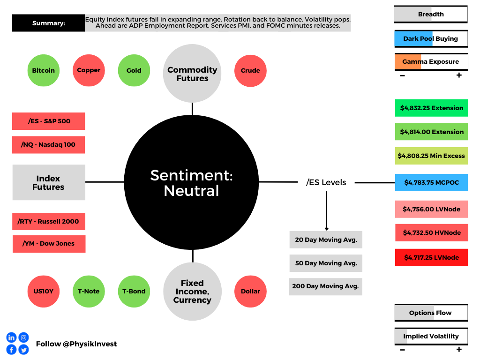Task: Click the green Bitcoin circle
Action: pos(44,71)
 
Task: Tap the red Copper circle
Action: pos(89,70)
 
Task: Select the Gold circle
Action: pos(134,71)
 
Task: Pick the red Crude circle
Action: pos(250,71)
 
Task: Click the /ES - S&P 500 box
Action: pos(49,121)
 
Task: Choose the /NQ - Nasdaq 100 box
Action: pos(49,144)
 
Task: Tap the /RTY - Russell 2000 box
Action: pos(49,221)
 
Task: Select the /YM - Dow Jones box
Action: pos(49,244)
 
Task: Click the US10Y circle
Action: pos(44,291)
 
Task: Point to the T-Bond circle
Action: pos(134,291)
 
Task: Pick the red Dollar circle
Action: pos(250,291)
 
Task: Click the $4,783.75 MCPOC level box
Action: pos(431,182)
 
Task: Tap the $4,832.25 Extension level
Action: pos(431,108)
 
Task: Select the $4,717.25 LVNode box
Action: pos(431,257)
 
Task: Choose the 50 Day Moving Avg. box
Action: pos(326,263)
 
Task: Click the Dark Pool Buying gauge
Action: pos(431,38)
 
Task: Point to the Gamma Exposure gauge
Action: pos(431,61)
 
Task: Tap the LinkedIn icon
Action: pos(11,337)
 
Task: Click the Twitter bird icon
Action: pos(23,349)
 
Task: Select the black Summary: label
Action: pos(49,23)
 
